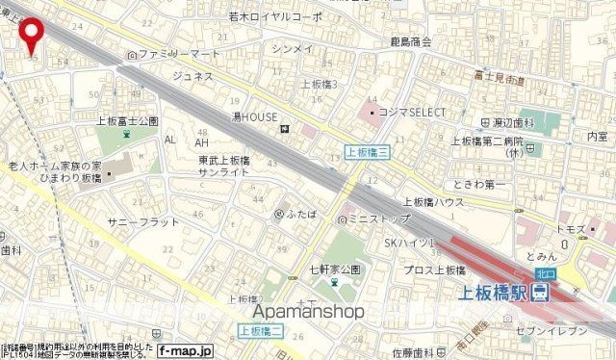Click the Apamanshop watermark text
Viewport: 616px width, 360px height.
click(309, 311)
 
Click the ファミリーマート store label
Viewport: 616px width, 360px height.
click(180, 54)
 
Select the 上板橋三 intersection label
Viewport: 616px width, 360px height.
click(365, 151)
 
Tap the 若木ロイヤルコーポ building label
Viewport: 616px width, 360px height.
click(274, 16)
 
